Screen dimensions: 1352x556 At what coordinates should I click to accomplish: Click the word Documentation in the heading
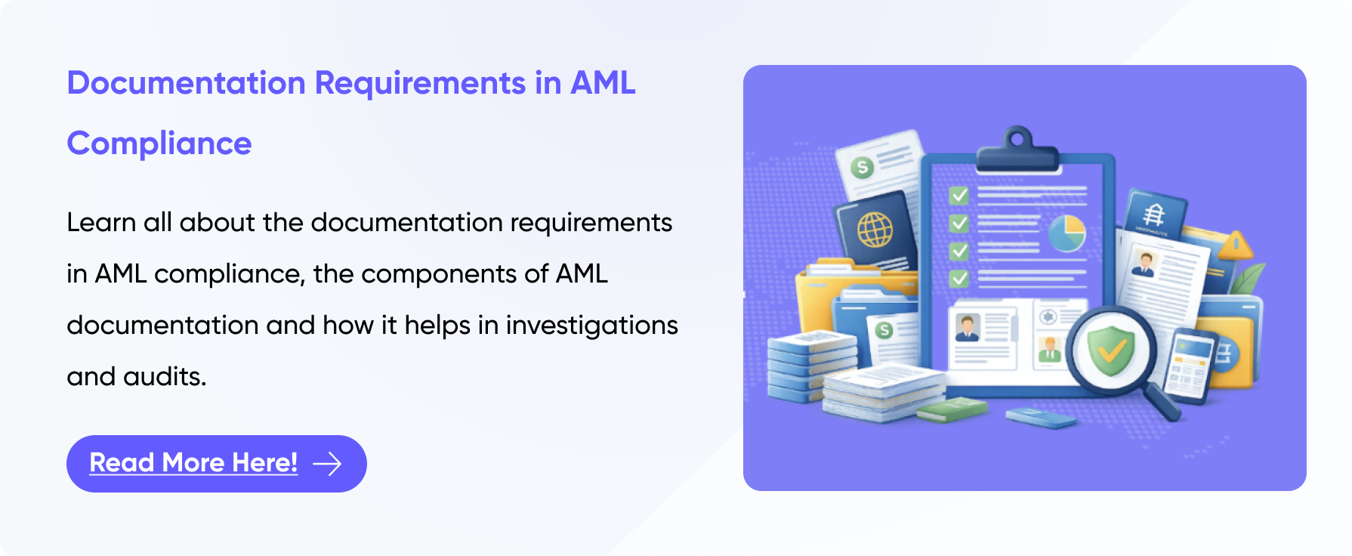coord(186,82)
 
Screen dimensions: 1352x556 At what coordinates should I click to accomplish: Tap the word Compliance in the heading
coord(159,144)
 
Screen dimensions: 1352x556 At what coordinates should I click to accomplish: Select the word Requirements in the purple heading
coord(420,84)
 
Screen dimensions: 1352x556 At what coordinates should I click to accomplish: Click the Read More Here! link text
coord(193,462)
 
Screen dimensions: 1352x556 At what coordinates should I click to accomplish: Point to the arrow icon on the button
coord(327,463)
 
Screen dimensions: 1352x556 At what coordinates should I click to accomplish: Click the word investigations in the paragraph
coord(592,326)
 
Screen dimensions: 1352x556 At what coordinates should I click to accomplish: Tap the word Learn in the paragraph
coord(101,222)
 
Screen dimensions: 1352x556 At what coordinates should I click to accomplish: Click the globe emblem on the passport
coord(875,229)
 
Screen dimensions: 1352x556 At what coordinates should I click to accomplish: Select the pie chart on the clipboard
coord(1066,233)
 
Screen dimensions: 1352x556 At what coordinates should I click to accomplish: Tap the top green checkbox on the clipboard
coord(958,196)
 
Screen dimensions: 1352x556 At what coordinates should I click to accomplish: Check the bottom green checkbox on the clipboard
coord(958,279)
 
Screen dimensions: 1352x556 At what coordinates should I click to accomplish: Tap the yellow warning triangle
coord(1235,244)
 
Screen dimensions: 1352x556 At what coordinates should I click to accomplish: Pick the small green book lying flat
coord(952,409)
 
